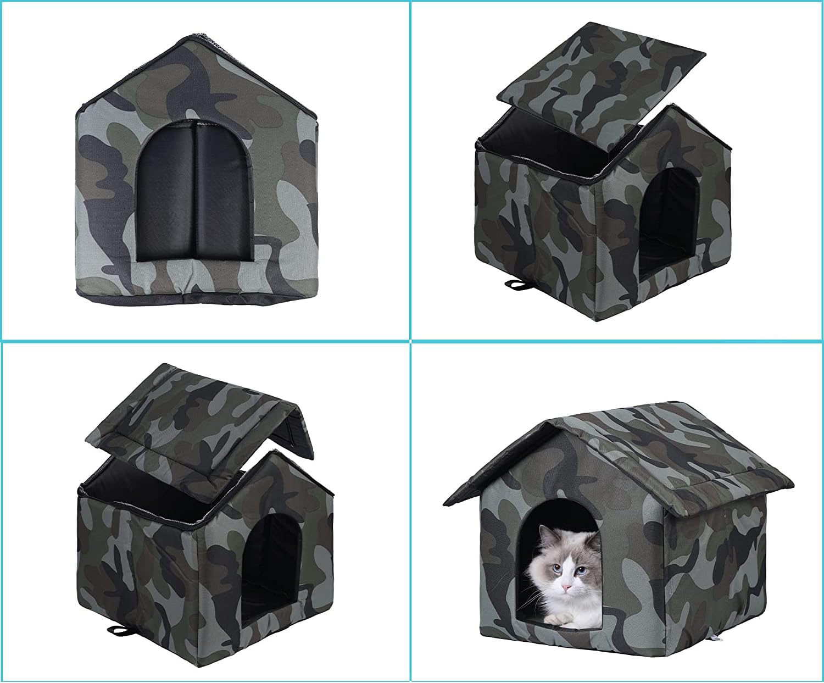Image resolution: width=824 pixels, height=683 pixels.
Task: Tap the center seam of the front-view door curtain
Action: tap(194, 192)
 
